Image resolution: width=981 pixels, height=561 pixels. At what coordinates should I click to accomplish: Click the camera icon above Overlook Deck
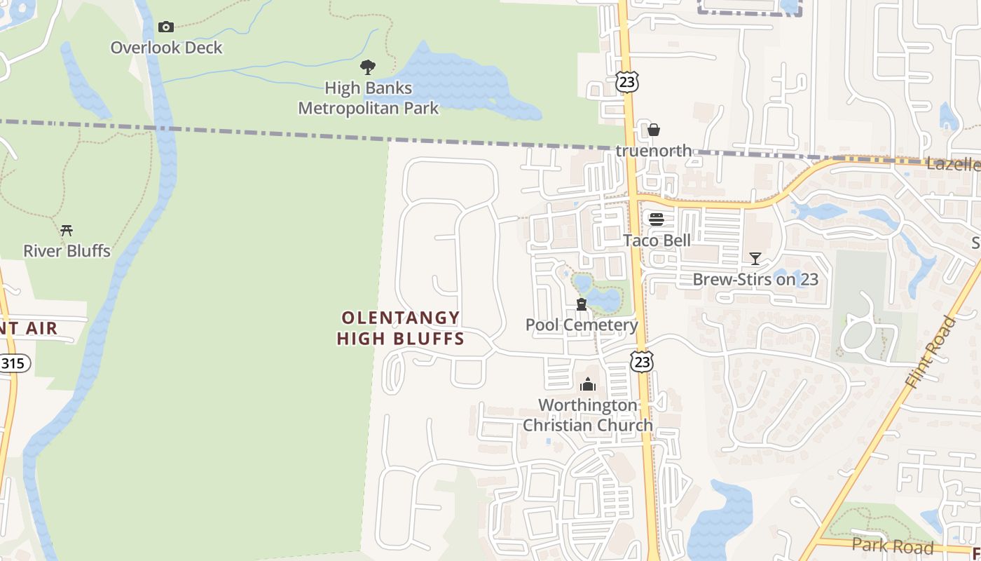pyautogui.click(x=166, y=27)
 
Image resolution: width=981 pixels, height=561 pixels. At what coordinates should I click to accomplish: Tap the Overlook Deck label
pyautogui.click(x=166, y=48)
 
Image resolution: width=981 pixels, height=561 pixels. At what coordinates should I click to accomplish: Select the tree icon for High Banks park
pyautogui.click(x=368, y=67)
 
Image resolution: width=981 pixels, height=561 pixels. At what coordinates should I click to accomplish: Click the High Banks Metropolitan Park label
pyautogui.click(x=369, y=98)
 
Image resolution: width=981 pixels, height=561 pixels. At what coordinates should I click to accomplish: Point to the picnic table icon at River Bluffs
pyautogui.click(x=67, y=230)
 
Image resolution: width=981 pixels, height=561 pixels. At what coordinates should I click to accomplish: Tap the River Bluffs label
pyautogui.click(x=67, y=250)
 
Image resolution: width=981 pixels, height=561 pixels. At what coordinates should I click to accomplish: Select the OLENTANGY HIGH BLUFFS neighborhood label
pyautogui.click(x=400, y=328)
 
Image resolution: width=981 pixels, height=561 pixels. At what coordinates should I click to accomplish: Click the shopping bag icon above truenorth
pyautogui.click(x=654, y=130)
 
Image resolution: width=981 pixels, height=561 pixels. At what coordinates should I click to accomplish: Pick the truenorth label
pyautogui.click(x=654, y=150)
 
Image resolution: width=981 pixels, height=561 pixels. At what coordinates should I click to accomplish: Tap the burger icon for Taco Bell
pyautogui.click(x=657, y=219)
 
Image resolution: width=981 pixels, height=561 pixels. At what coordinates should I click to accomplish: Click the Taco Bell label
pyautogui.click(x=657, y=241)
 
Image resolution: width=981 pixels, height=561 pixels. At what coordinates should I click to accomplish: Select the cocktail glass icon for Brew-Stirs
pyautogui.click(x=755, y=259)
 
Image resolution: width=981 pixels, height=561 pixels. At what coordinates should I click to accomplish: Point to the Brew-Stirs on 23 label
pyautogui.click(x=755, y=279)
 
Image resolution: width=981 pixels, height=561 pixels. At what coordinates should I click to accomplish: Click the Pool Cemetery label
pyautogui.click(x=582, y=325)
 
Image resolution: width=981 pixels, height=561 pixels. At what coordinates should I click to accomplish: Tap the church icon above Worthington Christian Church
pyautogui.click(x=588, y=384)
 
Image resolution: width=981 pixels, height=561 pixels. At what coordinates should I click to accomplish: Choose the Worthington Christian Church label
pyautogui.click(x=588, y=415)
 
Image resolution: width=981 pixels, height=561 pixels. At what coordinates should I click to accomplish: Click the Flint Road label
pyautogui.click(x=930, y=353)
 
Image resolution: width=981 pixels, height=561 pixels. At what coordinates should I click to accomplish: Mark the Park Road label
pyautogui.click(x=893, y=546)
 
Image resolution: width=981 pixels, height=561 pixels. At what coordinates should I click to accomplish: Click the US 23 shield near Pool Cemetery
pyautogui.click(x=642, y=361)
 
